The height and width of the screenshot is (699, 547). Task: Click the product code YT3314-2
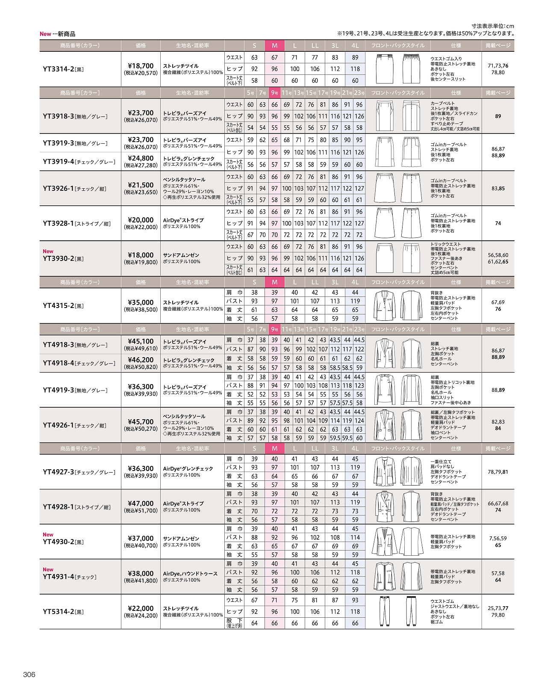point(58,69)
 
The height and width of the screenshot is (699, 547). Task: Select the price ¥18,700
point(141,66)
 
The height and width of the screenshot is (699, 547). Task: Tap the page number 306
point(29,675)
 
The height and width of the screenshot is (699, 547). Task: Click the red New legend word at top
point(45,34)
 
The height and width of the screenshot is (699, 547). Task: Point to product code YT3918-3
point(58,116)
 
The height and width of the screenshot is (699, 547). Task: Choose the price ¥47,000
point(141,504)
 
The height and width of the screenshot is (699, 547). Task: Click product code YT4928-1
point(58,507)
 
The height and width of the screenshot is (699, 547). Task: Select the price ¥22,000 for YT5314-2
point(141,608)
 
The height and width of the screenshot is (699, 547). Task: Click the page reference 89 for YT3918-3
point(498,116)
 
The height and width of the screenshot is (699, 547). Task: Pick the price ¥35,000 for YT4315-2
point(141,302)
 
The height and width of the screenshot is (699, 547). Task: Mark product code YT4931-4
point(58,577)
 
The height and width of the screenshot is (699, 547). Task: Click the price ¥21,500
point(141,185)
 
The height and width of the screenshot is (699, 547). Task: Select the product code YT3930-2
point(58,258)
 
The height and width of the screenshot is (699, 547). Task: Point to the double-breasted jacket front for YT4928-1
point(385,507)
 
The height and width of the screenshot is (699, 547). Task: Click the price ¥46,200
point(141,360)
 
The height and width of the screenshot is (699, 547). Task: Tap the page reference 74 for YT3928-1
point(498,223)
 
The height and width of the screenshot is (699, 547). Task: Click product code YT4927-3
point(58,472)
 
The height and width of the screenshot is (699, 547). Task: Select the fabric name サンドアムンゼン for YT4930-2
point(182,539)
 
